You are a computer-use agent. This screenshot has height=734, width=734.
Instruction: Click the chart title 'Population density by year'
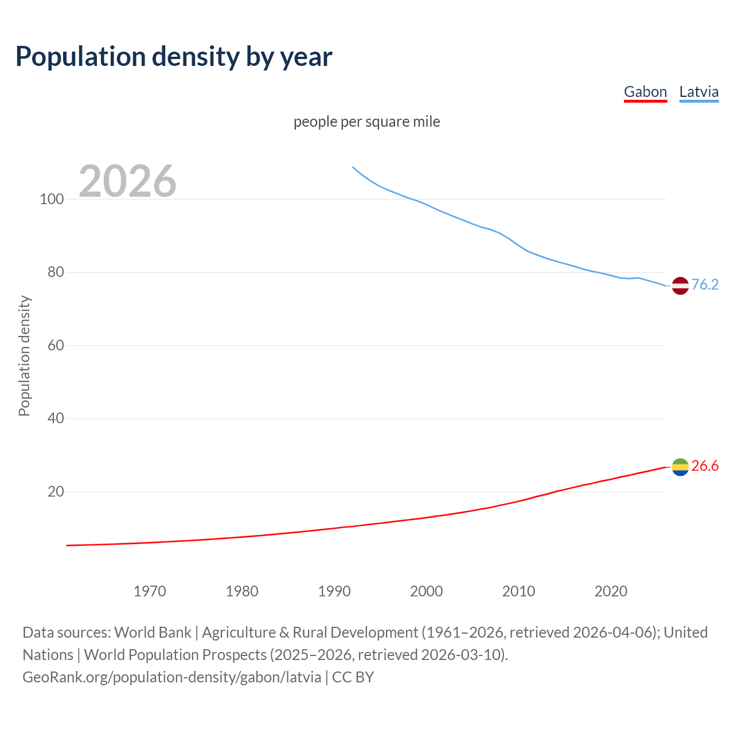[174, 57]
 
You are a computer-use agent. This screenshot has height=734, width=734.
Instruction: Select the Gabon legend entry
[645, 92]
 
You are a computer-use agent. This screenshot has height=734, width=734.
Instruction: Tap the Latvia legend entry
[698, 92]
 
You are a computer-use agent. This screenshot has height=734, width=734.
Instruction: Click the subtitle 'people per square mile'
[366, 122]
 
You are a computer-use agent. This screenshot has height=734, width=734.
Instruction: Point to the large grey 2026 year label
[127, 181]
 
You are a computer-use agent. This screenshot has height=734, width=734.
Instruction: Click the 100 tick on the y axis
[51, 200]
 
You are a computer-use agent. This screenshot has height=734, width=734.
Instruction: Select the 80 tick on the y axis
[55, 272]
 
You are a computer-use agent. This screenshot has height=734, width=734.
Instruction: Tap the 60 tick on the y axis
[55, 345]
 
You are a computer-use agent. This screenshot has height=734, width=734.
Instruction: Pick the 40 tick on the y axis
[55, 419]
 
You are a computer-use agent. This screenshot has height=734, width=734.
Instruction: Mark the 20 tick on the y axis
[55, 491]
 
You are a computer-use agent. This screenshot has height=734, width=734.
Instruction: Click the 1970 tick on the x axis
[150, 591]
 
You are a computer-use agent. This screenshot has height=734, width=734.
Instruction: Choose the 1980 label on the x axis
[242, 591]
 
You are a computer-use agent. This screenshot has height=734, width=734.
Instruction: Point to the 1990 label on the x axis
[334, 591]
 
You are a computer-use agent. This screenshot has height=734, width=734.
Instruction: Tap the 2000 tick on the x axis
[426, 591]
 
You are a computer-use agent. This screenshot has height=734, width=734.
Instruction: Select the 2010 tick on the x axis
[518, 591]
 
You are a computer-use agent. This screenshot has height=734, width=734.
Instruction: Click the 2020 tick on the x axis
[611, 591]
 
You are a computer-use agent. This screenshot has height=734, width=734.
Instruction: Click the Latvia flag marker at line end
[680, 285]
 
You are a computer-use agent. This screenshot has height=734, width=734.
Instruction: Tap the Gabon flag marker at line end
[680, 467]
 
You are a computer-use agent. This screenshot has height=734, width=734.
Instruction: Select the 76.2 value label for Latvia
[705, 285]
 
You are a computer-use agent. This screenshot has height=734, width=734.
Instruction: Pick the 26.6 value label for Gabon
[705, 466]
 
